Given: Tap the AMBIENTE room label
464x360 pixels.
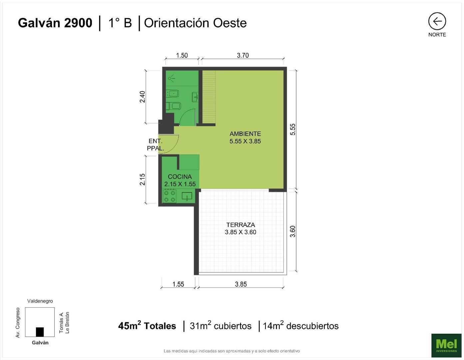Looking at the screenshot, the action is (245, 134).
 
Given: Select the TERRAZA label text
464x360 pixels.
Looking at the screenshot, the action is (240, 225).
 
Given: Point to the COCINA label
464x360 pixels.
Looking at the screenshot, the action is (180, 177).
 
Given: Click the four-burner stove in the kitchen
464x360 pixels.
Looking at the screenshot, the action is (169, 196).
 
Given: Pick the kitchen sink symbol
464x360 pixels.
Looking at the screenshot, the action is (187, 196).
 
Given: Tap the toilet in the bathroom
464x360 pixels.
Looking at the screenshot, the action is (174, 106).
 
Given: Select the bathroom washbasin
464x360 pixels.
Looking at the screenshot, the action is (195, 97).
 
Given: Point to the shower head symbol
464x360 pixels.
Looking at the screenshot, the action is (171, 78).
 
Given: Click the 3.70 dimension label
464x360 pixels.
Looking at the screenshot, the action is (243, 56).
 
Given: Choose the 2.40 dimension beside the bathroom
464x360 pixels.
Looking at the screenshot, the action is (143, 97).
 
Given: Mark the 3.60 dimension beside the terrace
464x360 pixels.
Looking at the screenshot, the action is (292, 231).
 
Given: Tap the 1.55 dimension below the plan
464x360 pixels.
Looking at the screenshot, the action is (178, 284).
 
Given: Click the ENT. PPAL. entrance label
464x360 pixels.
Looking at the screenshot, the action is (156, 145).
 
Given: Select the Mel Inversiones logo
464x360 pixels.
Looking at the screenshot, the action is (446, 345).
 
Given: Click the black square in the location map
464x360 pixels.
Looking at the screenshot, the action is (40, 332).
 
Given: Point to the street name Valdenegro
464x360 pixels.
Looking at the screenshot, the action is (40, 301).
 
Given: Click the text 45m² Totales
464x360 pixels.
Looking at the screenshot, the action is (147, 326).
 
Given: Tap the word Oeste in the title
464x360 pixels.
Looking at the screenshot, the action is (230, 23).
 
